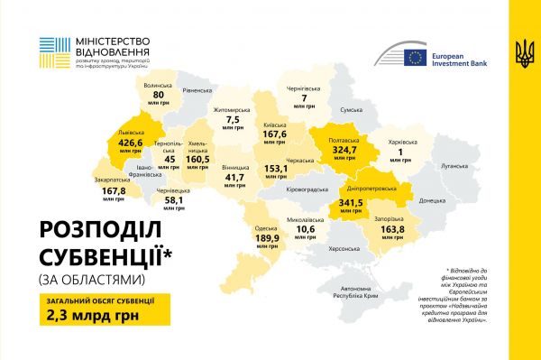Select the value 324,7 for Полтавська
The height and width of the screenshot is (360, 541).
coord(344,150)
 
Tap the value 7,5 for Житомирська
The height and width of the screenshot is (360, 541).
coord(234,119)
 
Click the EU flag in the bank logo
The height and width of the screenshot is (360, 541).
coord(415,58)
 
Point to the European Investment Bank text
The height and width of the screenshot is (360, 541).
coord(461,59)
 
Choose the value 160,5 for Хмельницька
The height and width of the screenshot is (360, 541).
coord(197,158)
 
